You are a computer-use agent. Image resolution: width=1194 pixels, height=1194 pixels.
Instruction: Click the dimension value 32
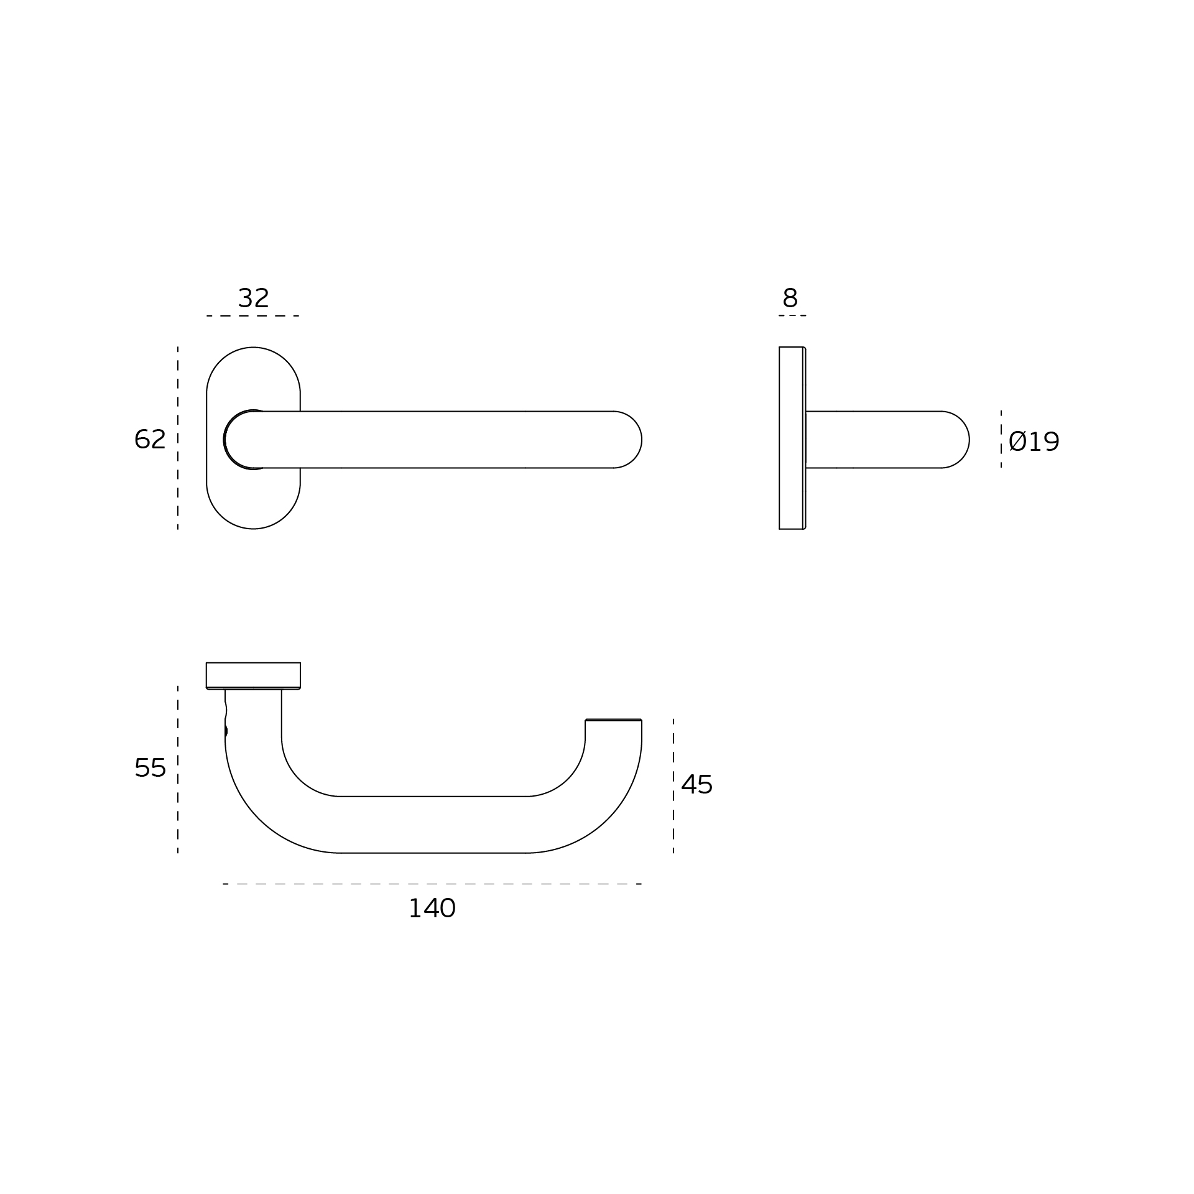coord(253,298)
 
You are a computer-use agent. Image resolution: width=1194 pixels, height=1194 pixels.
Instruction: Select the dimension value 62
coord(150,439)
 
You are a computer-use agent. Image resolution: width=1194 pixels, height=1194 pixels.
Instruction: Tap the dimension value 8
coord(790,298)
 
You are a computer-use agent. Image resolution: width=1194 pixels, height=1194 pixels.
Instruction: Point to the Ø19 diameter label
coord(1034,442)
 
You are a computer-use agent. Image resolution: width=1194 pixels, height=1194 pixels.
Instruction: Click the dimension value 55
coord(150,768)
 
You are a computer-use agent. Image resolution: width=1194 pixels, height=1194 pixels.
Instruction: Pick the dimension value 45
coord(696,785)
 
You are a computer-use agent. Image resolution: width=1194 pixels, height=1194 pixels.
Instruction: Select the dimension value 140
coord(432,909)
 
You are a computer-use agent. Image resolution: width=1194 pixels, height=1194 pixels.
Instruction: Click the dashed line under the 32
coord(253,316)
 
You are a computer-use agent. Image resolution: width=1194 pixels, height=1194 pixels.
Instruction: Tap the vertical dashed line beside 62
coord(178,438)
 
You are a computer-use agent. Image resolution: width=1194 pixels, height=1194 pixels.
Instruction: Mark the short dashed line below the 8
coord(792,315)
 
